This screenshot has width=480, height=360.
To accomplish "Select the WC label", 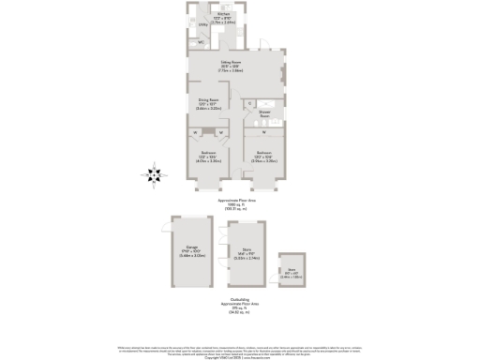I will pyautogui.click(x=201, y=43).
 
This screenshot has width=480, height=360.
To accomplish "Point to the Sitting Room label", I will pyautogui.click(x=232, y=67).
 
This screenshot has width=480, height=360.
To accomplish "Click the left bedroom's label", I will pyautogui.click(x=208, y=157).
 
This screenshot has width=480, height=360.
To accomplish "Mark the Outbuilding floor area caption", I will pyautogui.click(x=238, y=303).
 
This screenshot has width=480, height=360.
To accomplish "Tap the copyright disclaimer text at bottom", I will pyautogui.click(x=240, y=351).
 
